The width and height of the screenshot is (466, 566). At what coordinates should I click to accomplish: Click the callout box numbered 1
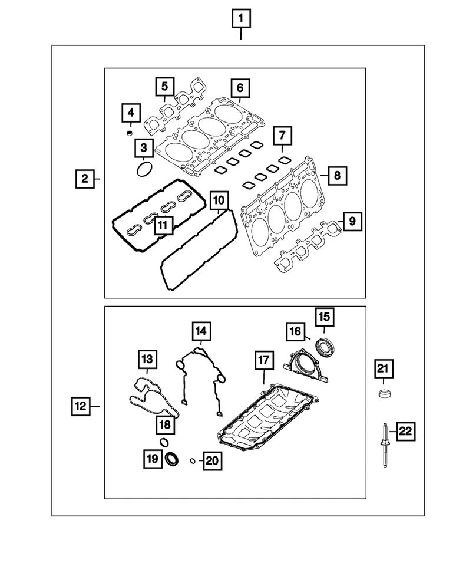click(240, 19)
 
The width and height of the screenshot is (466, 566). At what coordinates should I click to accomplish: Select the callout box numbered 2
click(85, 178)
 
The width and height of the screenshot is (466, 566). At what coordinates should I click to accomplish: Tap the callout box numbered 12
click(81, 406)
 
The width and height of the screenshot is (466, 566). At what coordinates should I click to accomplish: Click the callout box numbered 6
click(240, 89)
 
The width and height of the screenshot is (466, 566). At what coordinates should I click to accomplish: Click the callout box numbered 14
click(201, 333)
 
